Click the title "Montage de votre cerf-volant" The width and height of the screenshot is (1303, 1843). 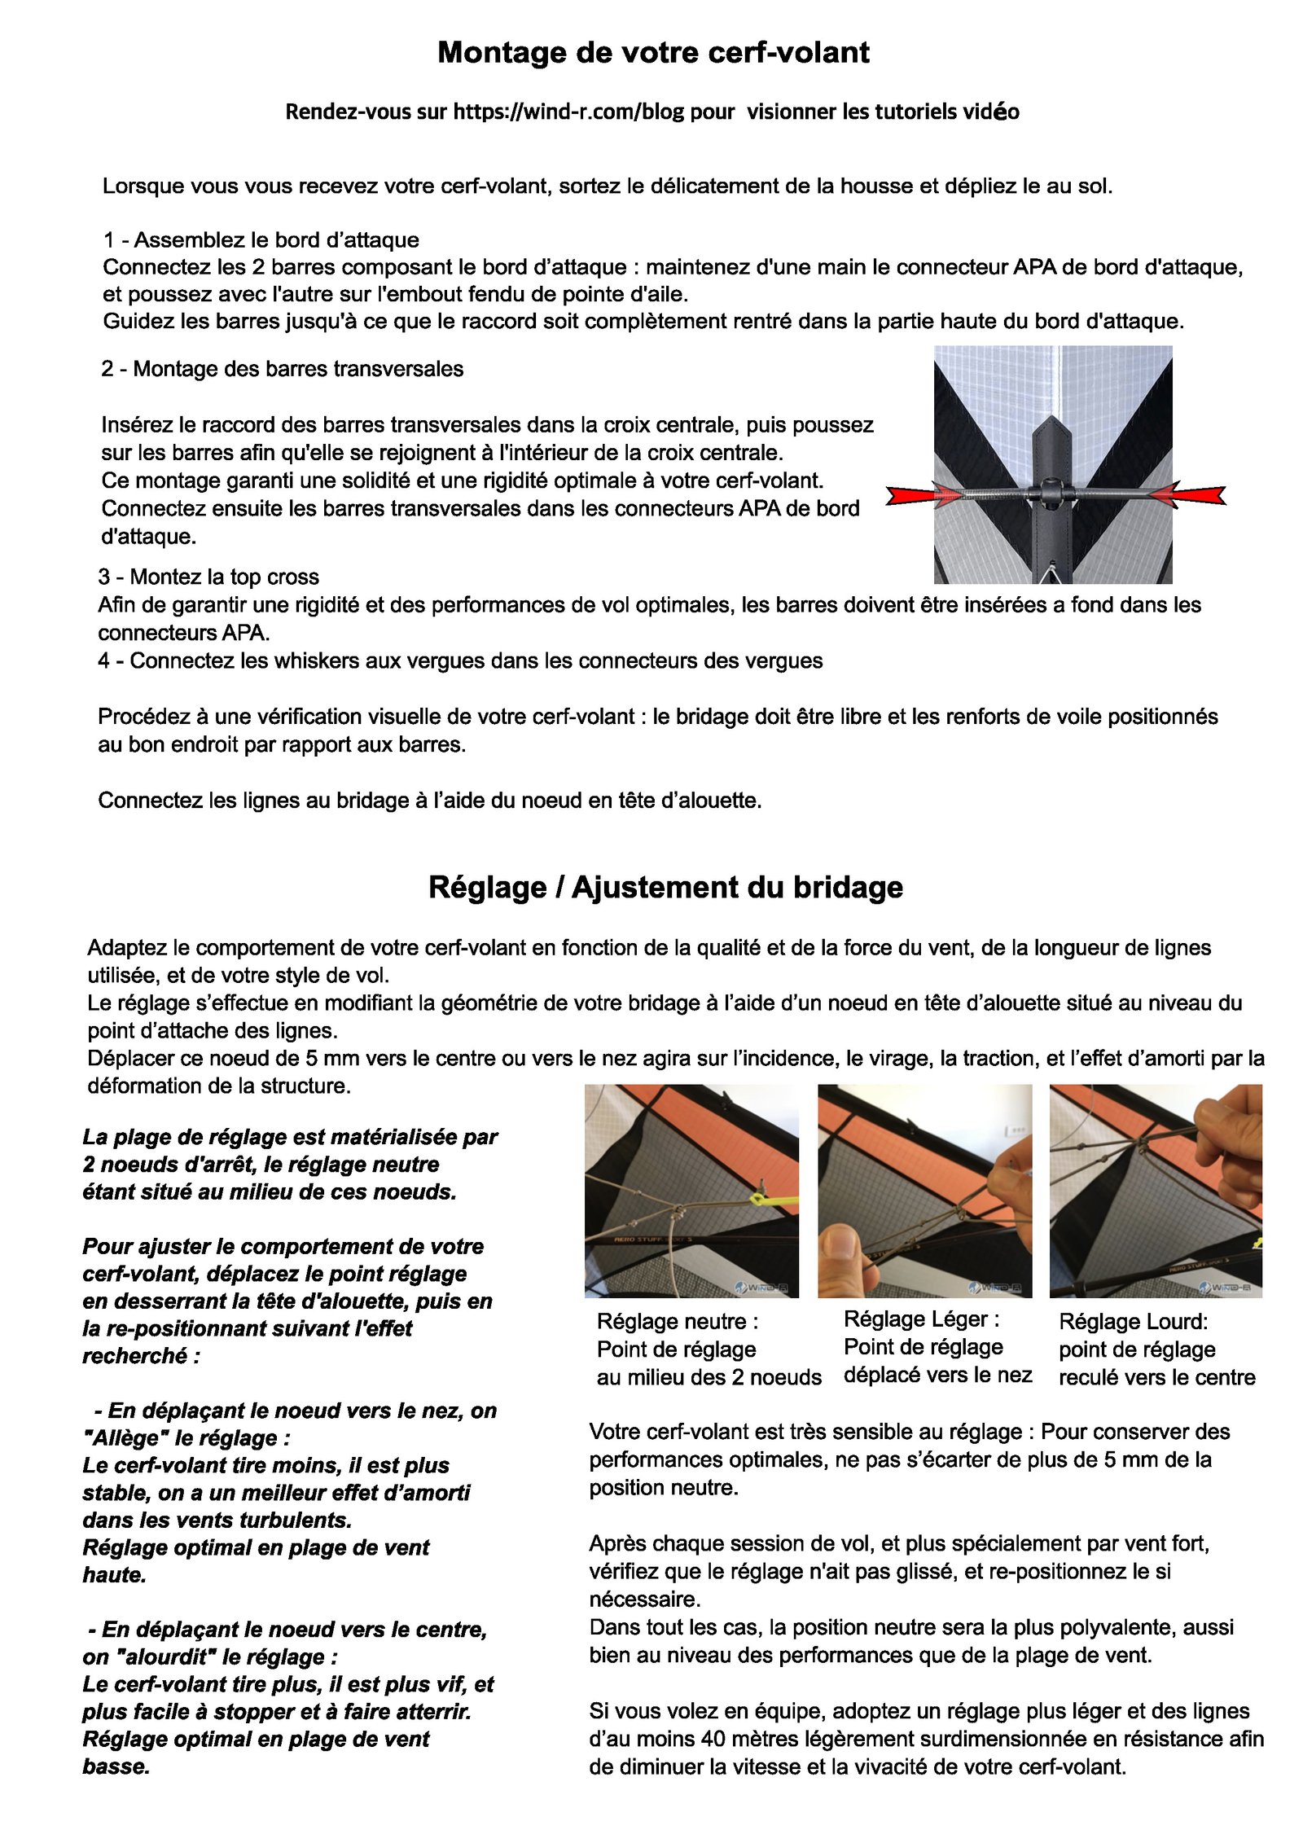click(x=653, y=53)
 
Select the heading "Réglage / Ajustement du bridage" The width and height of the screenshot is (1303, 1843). click(x=665, y=887)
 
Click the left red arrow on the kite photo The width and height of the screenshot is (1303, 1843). click(x=916, y=494)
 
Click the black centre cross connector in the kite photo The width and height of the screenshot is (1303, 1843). click(x=1051, y=491)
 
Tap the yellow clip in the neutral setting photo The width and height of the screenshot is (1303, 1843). click(x=761, y=1200)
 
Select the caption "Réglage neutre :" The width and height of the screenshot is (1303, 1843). click(x=677, y=1321)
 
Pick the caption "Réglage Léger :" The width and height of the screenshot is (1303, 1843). click(x=921, y=1319)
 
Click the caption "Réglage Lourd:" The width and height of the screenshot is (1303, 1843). click(x=1133, y=1321)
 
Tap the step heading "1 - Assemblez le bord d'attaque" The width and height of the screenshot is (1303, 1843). click(x=261, y=240)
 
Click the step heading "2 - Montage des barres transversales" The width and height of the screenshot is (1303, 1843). click(x=282, y=369)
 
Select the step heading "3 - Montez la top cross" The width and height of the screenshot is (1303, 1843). click(x=208, y=577)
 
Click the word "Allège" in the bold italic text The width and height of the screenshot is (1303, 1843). click(x=122, y=1438)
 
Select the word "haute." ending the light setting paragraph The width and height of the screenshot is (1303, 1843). click(x=114, y=1575)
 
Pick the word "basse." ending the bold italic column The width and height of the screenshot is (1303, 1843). click(x=116, y=1766)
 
